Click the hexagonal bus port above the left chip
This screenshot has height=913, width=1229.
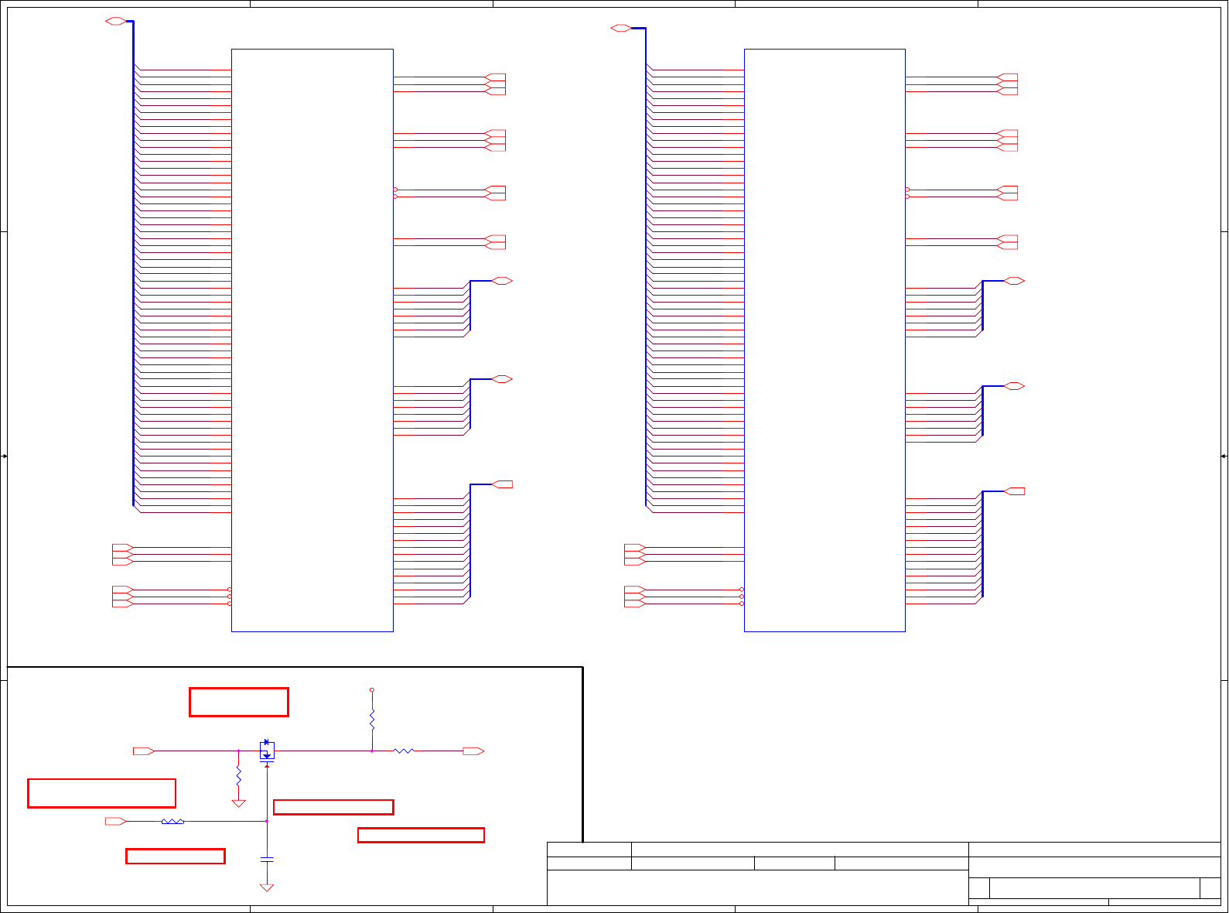tap(115, 21)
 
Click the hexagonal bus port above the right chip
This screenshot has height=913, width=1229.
tap(620, 29)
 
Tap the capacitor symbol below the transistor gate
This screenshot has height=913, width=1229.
tap(267, 859)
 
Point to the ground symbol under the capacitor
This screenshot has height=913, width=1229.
tap(267, 887)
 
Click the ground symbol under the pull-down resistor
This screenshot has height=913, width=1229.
tap(239, 803)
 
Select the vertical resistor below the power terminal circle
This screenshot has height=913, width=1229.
tap(372, 720)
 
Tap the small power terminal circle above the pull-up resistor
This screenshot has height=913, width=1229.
tap(372, 689)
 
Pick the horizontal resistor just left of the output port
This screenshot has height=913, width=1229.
tap(404, 751)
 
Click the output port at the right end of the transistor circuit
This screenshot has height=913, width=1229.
tap(473, 751)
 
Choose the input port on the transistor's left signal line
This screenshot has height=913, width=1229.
tap(143, 751)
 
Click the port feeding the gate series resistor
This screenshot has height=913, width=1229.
tap(115, 821)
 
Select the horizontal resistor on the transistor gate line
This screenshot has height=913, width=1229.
tap(172, 821)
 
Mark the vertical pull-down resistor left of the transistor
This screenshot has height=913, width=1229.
tap(239, 775)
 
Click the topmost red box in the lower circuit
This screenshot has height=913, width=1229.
tap(239, 702)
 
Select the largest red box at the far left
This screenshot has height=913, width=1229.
tap(101, 793)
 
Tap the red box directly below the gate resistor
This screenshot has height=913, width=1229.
tap(176, 856)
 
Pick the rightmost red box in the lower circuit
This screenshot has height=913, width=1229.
tap(421, 835)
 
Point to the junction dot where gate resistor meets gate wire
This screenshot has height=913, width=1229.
tap(267, 821)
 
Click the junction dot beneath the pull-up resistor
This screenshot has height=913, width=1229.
tap(372, 751)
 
